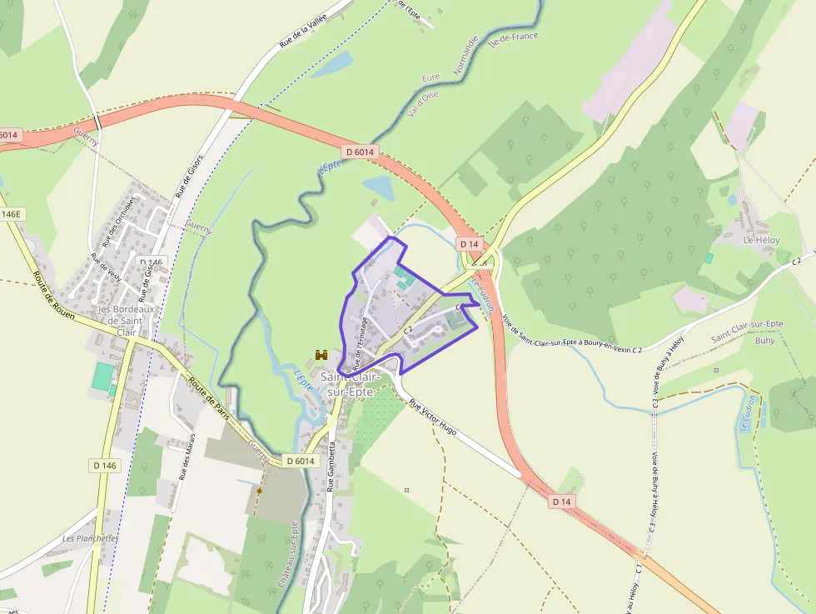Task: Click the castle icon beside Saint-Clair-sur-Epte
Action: tap(319, 355)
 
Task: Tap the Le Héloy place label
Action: tap(761, 240)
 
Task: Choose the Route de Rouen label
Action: tap(53, 295)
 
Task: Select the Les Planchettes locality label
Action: tap(90, 538)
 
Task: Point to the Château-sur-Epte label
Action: tap(287, 555)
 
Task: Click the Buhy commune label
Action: tap(764, 341)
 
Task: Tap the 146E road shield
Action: tap(10, 214)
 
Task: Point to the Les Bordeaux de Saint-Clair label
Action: tap(122, 320)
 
